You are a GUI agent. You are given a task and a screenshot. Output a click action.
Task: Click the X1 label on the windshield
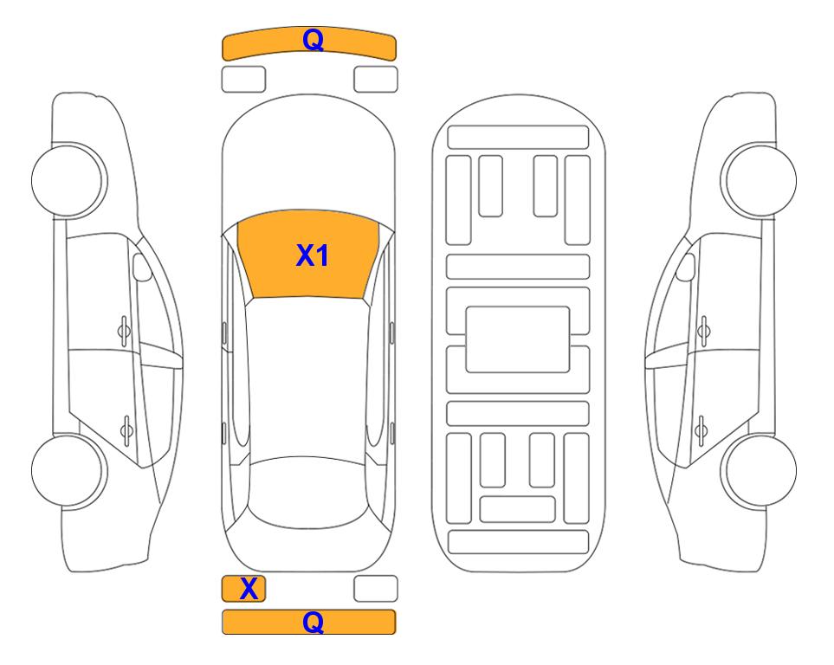pos(313,255)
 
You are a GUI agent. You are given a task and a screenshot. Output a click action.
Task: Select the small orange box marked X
pos(243,589)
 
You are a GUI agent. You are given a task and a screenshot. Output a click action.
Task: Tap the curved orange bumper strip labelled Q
pos(309,43)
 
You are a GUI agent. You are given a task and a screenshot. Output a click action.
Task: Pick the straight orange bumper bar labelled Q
pos(309,622)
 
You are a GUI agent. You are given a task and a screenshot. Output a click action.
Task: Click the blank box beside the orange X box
pos(376,589)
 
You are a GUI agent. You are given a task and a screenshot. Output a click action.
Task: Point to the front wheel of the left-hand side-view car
pos(69,180)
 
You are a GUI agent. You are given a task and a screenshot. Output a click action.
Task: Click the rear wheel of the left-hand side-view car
pos(69,470)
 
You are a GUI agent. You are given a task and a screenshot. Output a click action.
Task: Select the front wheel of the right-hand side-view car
pos(759,180)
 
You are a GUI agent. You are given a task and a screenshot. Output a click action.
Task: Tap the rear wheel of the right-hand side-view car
pos(759,470)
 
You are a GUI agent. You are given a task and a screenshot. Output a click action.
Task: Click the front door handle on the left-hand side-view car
pos(124,332)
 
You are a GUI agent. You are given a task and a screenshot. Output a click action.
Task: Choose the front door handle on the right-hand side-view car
pos(704,332)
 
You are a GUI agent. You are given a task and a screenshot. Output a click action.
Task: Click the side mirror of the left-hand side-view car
pos(142,267)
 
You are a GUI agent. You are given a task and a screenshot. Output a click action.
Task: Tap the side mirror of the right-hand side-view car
pos(686,267)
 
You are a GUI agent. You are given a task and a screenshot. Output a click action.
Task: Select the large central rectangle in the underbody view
pos(518,339)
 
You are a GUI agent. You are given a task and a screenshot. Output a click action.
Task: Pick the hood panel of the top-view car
pos(308,159)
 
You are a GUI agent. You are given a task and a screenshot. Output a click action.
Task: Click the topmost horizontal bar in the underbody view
pos(518,138)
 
